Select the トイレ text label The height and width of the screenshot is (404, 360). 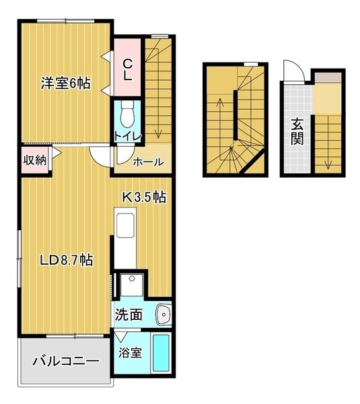[x=127, y=135]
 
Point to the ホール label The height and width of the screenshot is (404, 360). [x=146, y=162]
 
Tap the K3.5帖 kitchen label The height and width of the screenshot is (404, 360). [x=144, y=197]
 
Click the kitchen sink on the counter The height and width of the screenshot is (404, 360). [x=126, y=226]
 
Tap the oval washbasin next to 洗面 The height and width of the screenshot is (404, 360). [x=163, y=314]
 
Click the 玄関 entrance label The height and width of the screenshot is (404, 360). [x=297, y=131]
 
